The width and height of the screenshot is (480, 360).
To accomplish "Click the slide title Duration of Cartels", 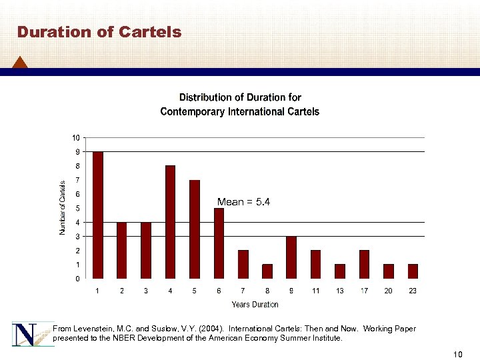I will pyautogui.click(x=99, y=32).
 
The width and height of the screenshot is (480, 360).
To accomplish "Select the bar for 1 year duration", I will pyautogui.click(x=98, y=215).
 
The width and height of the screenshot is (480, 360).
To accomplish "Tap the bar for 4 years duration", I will pyautogui.click(x=170, y=221).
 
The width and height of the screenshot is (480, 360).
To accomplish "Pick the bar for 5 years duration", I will pyautogui.click(x=195, y=229).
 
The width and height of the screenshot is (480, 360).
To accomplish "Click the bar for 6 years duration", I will pyautogui.click(x=219, y=243).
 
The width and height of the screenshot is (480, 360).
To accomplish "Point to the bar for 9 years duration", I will pyautogui.click(x=291, y=257).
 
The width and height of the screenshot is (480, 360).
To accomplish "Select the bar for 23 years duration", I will pyautogui.click(x=413, y=271).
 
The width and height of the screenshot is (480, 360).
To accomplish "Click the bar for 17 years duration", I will pyautogui.click(x=364, y=264).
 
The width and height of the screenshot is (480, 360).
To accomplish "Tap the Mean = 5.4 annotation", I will pyautogui.click(x=243, y=201).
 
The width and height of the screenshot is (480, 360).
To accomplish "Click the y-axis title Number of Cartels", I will pyautogui.click(x=63, y=207).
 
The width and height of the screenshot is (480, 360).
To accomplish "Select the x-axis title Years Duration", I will pyautogui.click(x=255, y=305).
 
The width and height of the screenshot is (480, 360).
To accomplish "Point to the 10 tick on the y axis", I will pyautogui.click(x=76, y=138).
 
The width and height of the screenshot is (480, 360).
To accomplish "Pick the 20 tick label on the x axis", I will pyautogui.click(x=388, y=291).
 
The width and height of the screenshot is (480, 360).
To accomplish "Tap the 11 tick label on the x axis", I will pyautogui.click(x=315, y=291).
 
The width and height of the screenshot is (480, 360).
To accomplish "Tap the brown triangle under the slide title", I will pyautogui.click(x=20, y=62).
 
